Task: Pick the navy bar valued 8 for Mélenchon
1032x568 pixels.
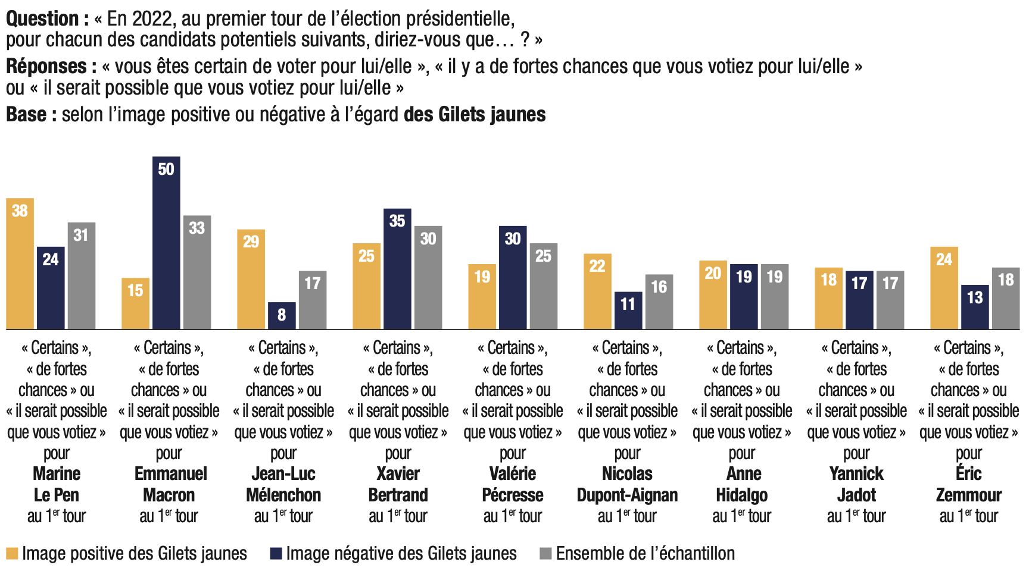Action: point(282,316)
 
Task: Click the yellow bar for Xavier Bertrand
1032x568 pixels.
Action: point(366,286)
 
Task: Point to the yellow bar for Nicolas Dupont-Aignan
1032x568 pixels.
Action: point(597,291)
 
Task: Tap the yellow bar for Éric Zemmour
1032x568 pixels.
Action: point(944,288)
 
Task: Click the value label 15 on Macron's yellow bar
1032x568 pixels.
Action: point(135,290)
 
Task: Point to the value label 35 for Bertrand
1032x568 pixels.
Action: point(397,221)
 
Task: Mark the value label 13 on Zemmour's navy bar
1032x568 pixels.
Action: point(975,297)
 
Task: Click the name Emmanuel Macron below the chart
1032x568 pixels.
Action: point(170,484)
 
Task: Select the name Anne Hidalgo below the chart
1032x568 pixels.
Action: point(743,484)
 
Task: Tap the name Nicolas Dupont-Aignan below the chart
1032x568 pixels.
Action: point(627,484)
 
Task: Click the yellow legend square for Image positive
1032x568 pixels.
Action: point(12,554)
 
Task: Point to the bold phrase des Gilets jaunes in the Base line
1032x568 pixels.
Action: point(475,114)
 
